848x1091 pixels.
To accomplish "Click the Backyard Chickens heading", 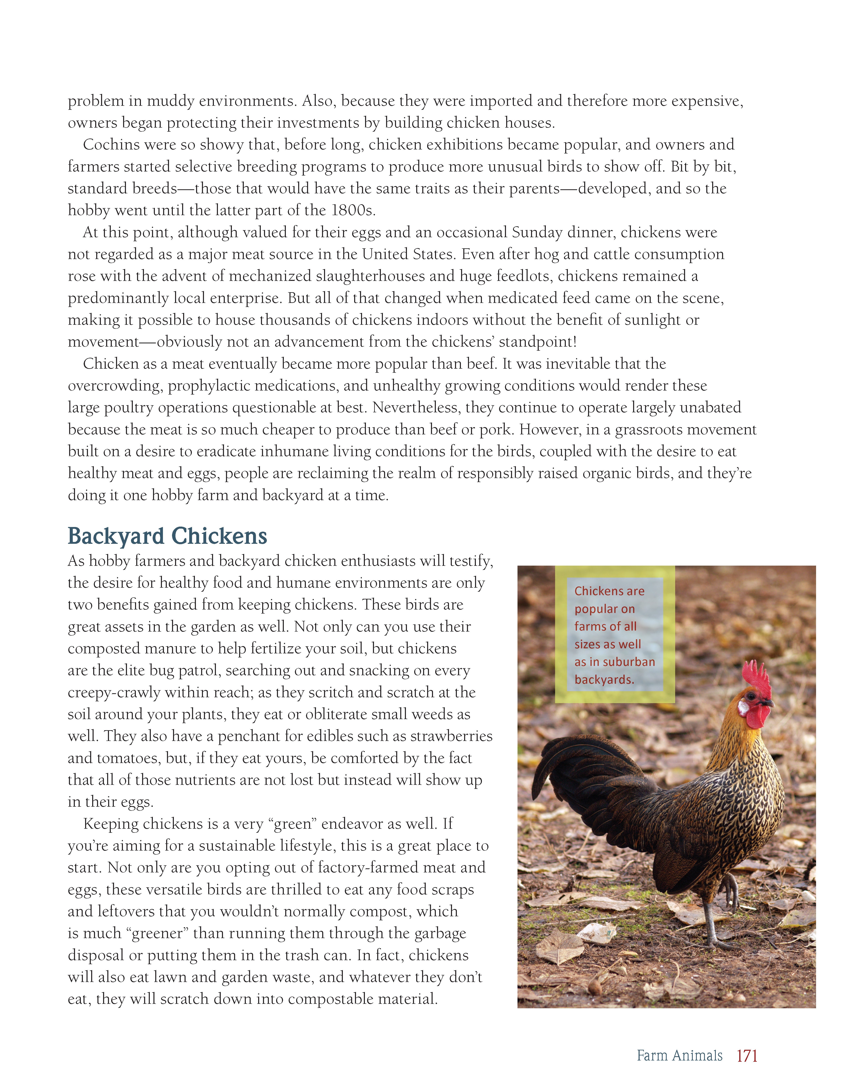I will (167, 536).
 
